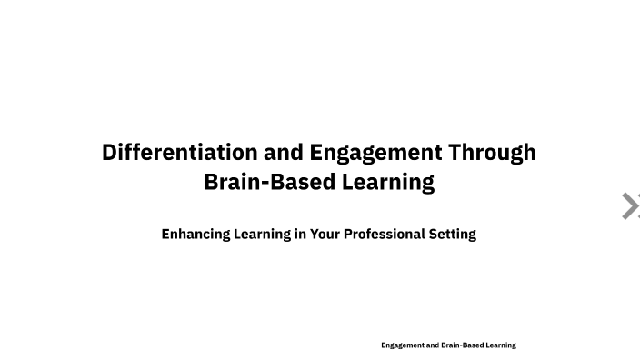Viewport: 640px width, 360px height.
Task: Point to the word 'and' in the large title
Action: point(284,152)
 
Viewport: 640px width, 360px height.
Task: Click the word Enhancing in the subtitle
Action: point(195,234)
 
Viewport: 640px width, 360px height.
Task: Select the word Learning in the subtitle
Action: point(262,234)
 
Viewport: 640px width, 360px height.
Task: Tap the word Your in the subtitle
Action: point(325,234)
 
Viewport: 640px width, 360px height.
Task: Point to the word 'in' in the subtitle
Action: point(300,234)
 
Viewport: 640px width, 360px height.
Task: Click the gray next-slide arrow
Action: point(629,206)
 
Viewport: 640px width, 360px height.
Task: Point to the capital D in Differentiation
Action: point(110,152)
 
